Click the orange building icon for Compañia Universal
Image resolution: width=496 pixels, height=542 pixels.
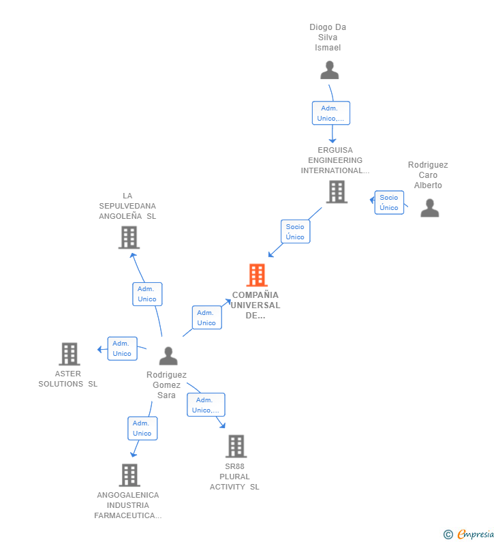(x=257, y=275)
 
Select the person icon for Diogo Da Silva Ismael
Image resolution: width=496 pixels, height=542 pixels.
(x=329, y=70)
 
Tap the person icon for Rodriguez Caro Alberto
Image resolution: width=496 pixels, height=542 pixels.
(x=429, y=208)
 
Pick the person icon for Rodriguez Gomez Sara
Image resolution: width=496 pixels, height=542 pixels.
(x=168, y=356)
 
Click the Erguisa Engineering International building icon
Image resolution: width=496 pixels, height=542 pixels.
(x=337, y=192)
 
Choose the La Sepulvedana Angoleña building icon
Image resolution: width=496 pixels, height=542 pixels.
(x=128, y=237)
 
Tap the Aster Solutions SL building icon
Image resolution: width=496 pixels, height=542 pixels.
(x=69, y=355)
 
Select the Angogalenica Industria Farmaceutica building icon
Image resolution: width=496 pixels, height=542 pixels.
(x=129, y=475)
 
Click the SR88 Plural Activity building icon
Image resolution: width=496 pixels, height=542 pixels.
(x=236, y=447)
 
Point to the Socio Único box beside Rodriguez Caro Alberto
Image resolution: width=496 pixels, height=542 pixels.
(x=389, y=202)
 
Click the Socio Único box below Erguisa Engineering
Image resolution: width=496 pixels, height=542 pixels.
(x=295, y=232)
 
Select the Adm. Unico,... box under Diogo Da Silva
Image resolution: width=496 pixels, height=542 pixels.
(x=331, y=113)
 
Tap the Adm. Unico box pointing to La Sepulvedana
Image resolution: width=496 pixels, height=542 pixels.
(x=147, y=294)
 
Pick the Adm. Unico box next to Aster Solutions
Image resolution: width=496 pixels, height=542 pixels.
(x=122, y=348)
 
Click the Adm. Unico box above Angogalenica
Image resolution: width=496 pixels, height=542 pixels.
(x=142, y=428)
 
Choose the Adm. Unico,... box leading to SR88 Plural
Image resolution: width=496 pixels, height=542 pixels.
(x=206, y=405)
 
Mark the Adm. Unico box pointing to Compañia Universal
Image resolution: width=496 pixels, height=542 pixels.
(x=206, y=318)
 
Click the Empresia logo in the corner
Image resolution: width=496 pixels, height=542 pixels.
(x=470, y=534)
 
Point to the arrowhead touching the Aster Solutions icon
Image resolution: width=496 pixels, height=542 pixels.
(x=99, y=350)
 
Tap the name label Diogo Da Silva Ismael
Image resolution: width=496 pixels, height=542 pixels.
(x=328, y=37)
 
